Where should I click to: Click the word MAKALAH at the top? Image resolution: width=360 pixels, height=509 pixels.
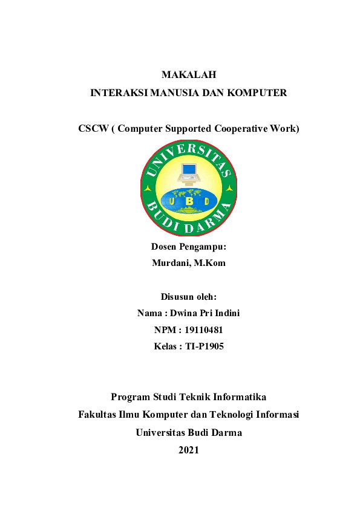[188, 75]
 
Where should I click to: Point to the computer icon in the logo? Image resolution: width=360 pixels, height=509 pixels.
[189, 173]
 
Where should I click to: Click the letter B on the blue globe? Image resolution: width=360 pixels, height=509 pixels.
[189, 201]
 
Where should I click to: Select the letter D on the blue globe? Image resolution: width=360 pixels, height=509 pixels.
[206, 201]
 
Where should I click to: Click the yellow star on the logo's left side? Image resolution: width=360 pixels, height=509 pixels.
[148, 189]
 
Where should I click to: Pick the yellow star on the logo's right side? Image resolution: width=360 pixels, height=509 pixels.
[229, 189]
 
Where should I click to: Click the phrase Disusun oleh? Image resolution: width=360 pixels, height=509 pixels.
[188, 296]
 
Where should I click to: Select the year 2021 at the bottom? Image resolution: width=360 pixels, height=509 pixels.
[188, 449]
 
